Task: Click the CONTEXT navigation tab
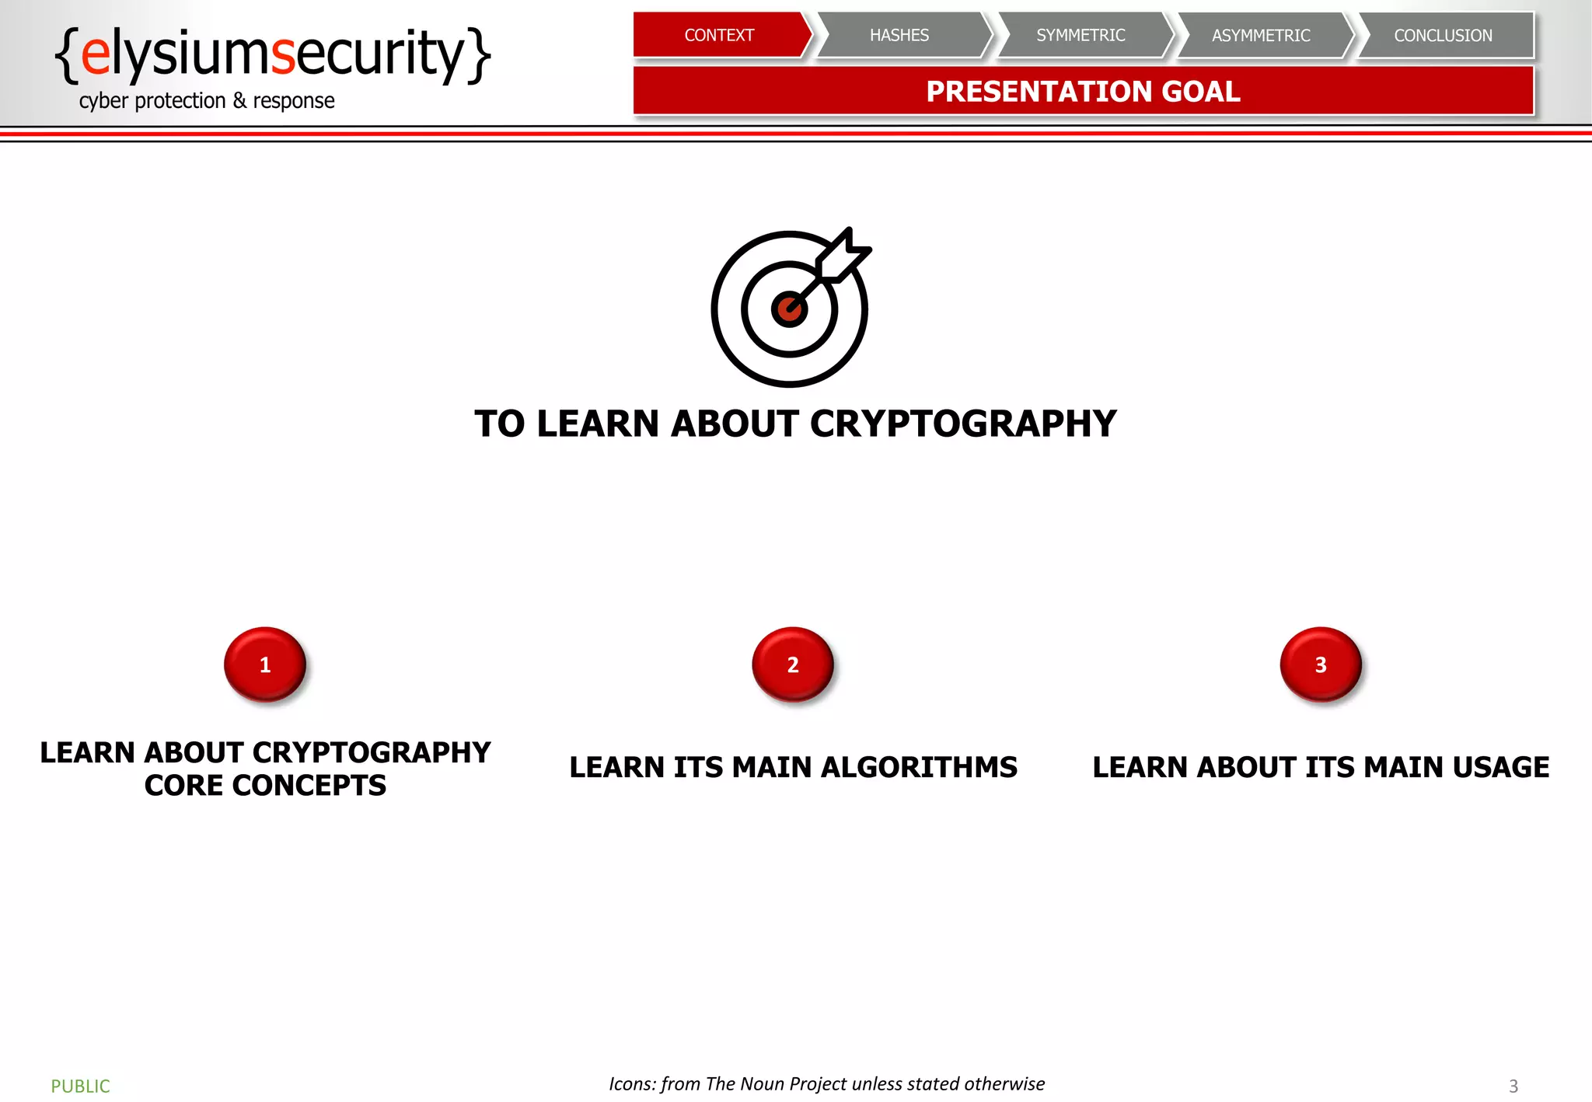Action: [x=719, y=35]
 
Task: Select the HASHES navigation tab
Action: [x=899, y=35]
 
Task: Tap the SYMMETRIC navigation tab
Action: [x=1081, y=35]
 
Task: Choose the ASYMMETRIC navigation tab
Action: [x=1261, y=35]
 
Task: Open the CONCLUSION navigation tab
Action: [x=1443, y=35]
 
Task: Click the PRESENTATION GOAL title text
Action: [x=1083, y=92]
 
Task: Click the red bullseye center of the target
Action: [x=788, y=309]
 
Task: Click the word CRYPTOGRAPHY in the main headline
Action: [x=963, y=424]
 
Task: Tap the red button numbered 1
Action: [x=265, y=664]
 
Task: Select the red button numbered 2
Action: [x=793, y=664]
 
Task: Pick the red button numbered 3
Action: [x=1321, y=664]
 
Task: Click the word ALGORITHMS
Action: [x=919, y=768]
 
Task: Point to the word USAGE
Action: [x=1500, y=768]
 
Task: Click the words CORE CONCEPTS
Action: [x=265, y=786]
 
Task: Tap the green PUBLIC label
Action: [x=80, y=1086]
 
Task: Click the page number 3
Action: [x=1513, y=1086]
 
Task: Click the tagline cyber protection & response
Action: [x=207, y=101]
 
